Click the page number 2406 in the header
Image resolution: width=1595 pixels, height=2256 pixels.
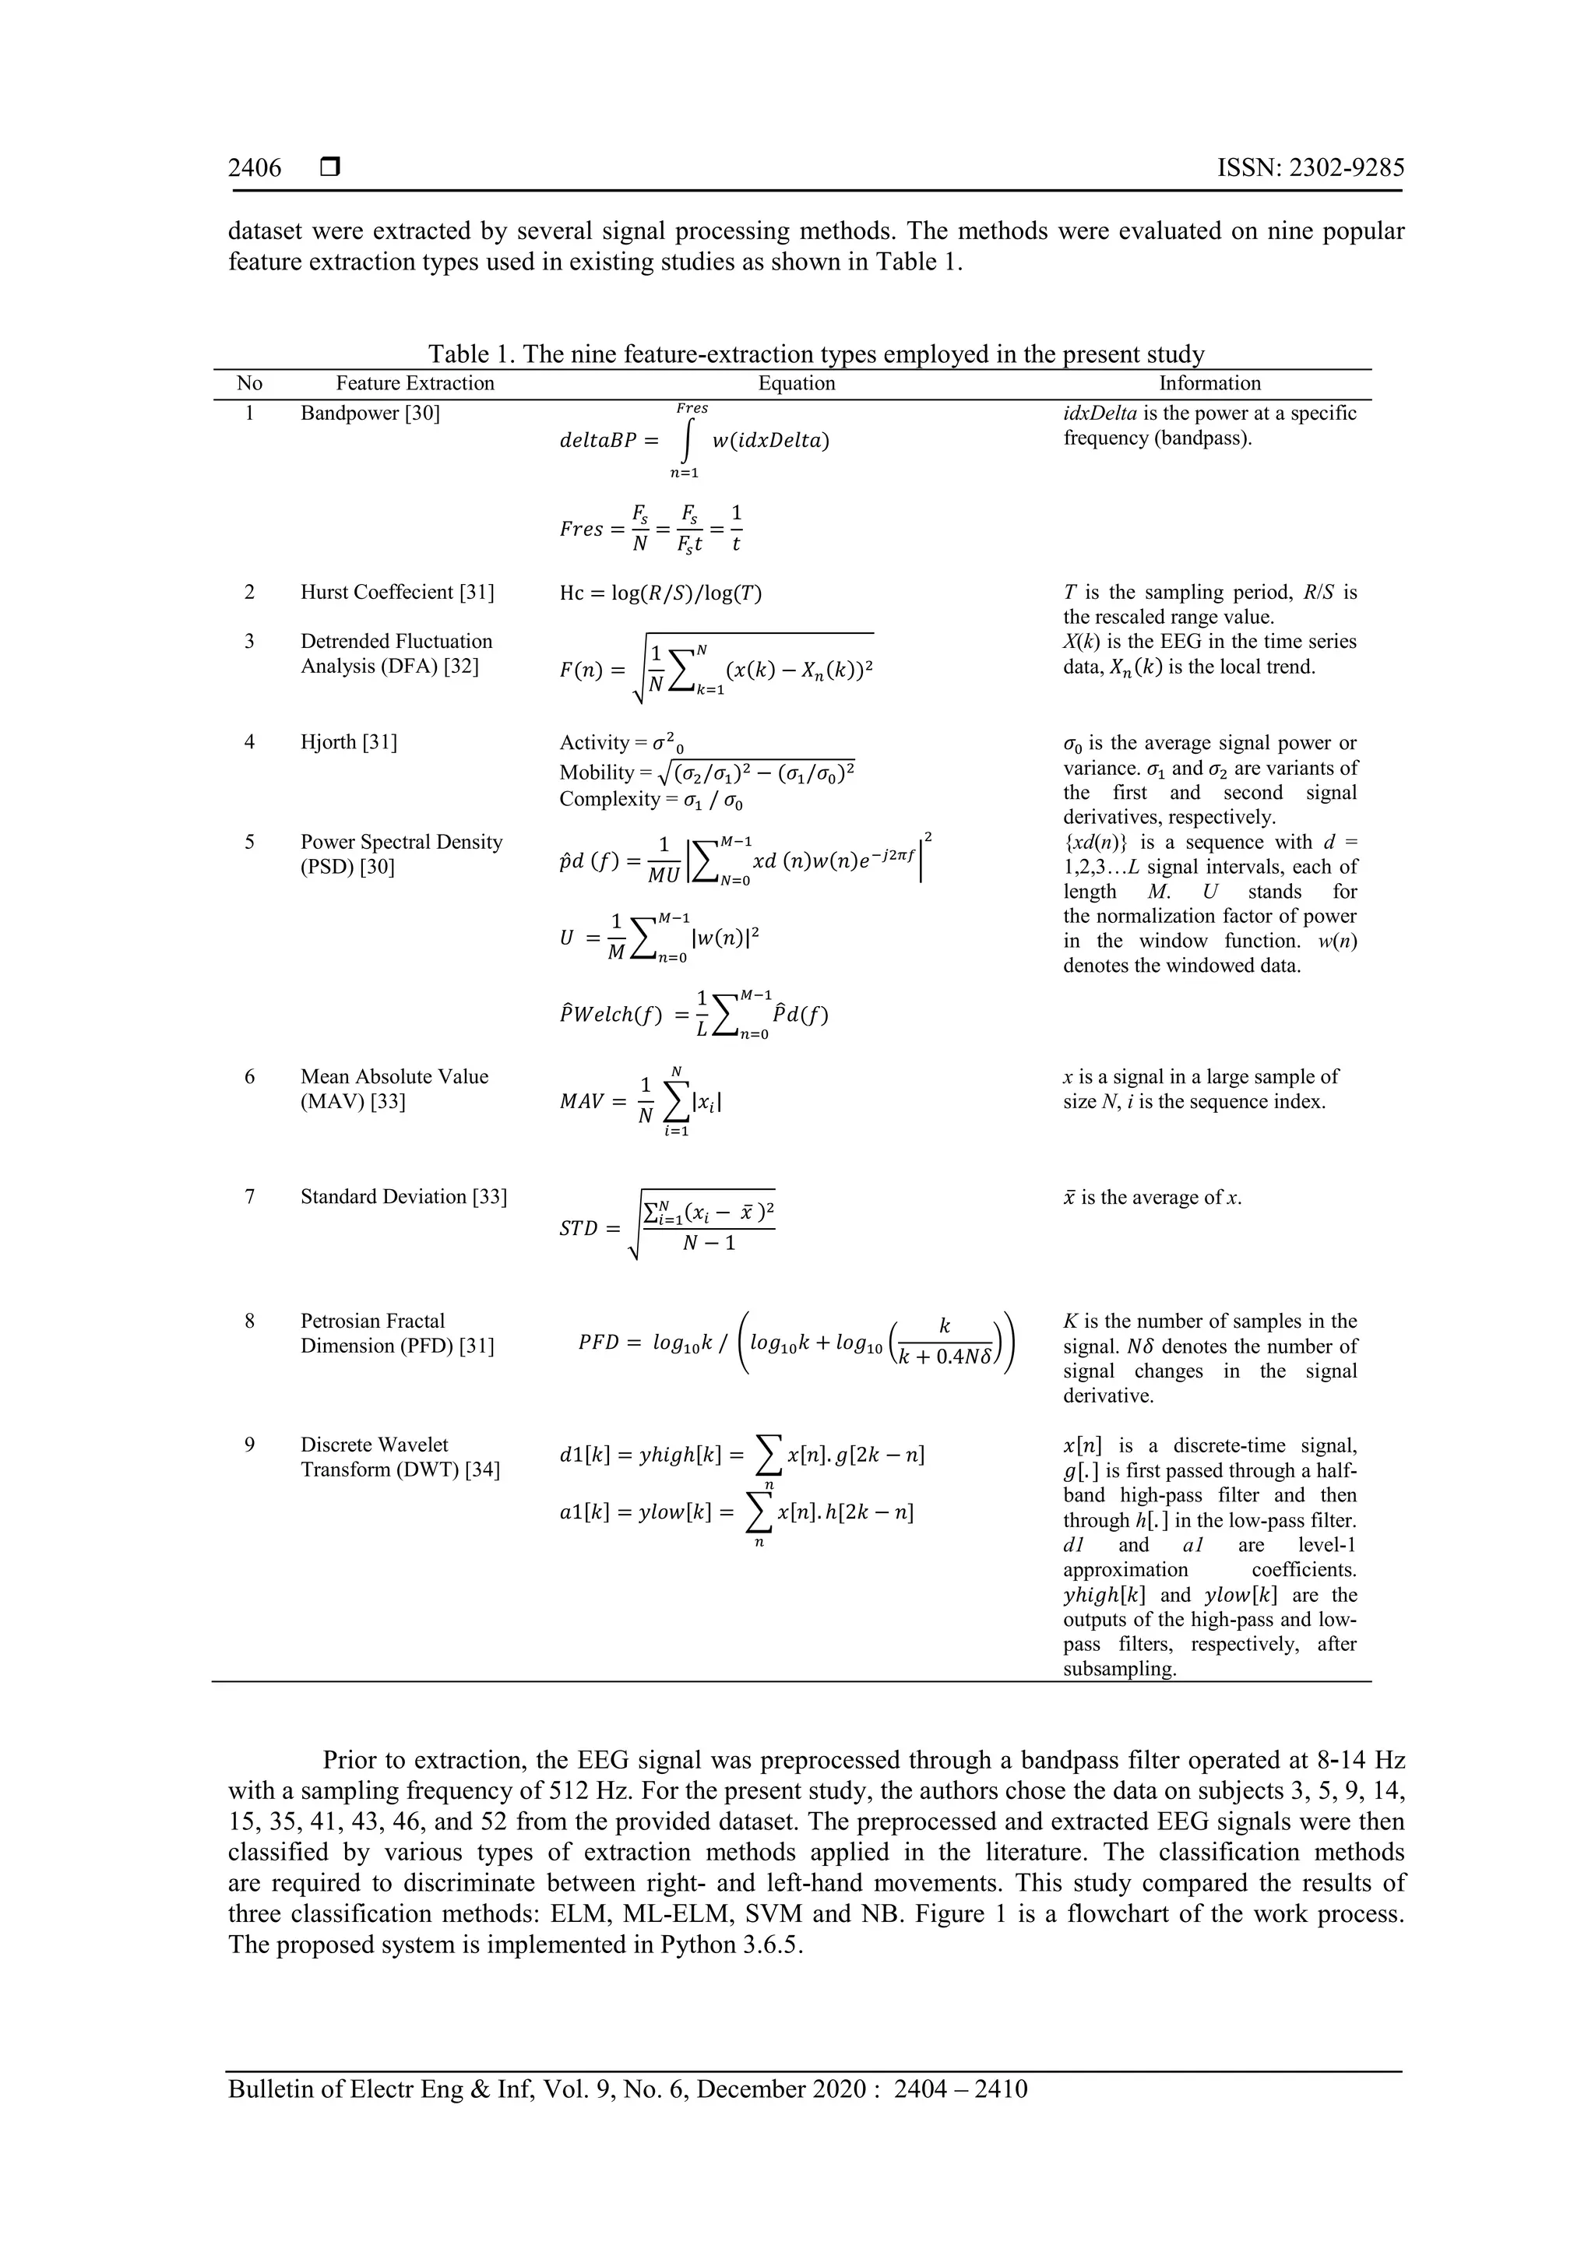coord(255,168)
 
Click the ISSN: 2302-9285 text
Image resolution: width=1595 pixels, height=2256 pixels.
coord(1310,168)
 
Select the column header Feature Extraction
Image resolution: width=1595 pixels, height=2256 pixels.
coord(415,383)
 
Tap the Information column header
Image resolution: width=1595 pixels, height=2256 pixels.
coord(1209,383)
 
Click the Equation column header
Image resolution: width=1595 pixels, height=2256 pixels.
coord(796,383)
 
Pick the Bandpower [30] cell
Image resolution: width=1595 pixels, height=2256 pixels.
coord(369,413)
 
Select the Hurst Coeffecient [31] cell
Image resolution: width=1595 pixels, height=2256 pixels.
coord(397,593)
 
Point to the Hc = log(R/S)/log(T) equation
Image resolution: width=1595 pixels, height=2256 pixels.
coord(660,593)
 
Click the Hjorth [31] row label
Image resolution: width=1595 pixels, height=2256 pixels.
coord(349,742)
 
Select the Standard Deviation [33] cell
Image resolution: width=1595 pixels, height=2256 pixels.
coord(403,1197)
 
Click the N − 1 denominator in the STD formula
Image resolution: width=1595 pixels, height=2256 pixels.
coord(709,1244)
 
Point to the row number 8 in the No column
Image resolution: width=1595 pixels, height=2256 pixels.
coord(250,1322)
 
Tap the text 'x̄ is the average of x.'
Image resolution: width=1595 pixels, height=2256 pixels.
coord(1152,1198)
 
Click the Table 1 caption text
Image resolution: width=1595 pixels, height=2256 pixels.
coord(815,354)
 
